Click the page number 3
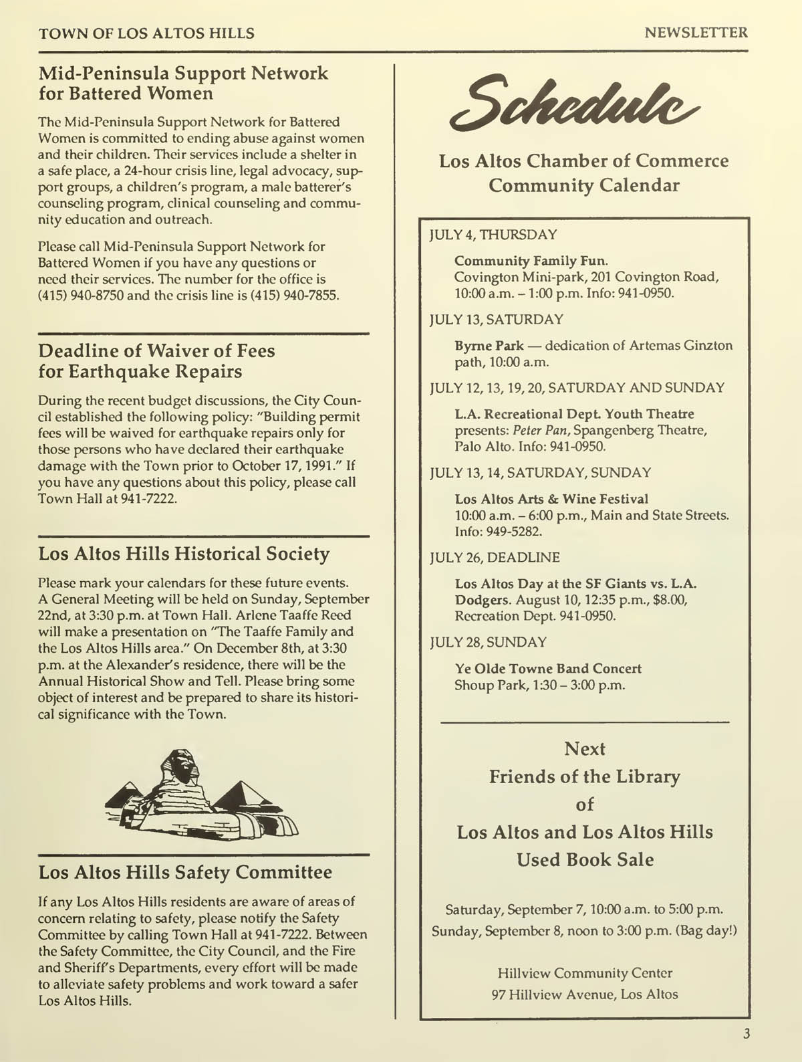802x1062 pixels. coord(747,1033)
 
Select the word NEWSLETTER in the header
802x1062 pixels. coord(696,32)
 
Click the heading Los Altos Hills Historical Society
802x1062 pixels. coord(184,554)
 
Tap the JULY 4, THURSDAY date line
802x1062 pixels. coord(493,235)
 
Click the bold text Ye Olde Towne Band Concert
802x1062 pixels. coord(548,669)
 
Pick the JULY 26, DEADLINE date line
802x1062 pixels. coord(495,557)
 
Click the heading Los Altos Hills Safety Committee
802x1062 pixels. coord(185,872)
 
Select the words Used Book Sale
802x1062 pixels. coord(585,859)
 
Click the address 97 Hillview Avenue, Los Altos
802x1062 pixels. coord(585,994)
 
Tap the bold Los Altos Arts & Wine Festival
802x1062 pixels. coord(551,499)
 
